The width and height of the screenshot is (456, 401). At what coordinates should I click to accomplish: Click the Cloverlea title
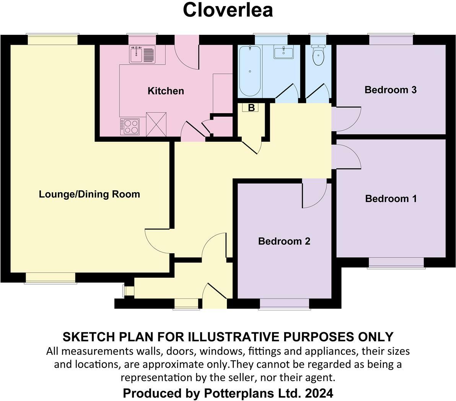tap(228, 10)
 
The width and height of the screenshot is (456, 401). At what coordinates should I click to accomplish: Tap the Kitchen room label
tap(166, 91)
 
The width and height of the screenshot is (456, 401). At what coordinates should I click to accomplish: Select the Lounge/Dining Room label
tap(90, 194)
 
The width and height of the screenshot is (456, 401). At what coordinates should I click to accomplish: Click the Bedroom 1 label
tap(391, 199)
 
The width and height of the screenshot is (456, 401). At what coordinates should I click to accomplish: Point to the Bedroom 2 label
tap(284, 241)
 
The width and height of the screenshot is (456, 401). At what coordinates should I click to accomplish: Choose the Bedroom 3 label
tap(390, 90)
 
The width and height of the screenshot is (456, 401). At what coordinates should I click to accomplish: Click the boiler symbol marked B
tap(251, 108)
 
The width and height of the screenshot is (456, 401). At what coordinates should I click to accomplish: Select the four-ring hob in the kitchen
tap(130, 127)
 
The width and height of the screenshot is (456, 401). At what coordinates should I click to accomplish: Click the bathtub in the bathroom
tap(250, 71)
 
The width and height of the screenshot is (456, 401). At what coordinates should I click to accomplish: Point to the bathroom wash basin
tap(283, 52)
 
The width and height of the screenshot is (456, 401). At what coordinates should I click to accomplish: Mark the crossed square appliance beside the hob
tap(156, 124)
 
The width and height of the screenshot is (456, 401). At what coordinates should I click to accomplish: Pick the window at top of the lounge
tap(52, 40)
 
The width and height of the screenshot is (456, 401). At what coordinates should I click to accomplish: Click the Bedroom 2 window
tap(284, 303)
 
